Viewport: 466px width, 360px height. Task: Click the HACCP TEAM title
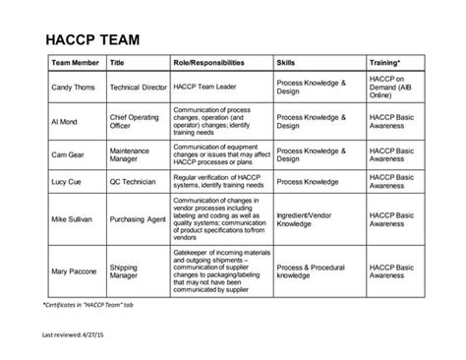tap(93, 40)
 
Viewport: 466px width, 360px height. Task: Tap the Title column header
tap(118, 63)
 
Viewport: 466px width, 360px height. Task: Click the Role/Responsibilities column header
tap(209, 63)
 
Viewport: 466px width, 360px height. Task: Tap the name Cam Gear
tap(69, 153)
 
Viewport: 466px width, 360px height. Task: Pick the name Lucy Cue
tap(68, 181)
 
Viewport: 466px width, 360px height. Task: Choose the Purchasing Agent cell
tap(138, 220)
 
